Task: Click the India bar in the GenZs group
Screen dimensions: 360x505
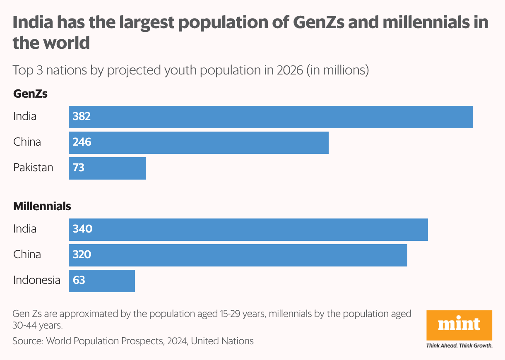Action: [270, 117]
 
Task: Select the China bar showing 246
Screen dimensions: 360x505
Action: [198, 143]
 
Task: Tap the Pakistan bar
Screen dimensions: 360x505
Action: [107, 168]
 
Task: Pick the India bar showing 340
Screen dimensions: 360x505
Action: [248, 230]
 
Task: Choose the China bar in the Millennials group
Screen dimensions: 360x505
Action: [238, 255]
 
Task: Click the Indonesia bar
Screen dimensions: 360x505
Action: [101, 281]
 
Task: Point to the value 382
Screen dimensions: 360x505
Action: [82, 117]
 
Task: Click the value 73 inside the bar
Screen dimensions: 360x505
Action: [79, 168]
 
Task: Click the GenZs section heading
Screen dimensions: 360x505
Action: [30, 94]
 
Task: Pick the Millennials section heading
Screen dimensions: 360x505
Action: [42, 206]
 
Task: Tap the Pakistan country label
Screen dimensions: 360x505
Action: [33, 168]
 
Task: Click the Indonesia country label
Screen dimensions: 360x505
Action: [36, 281]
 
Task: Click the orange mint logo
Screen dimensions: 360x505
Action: [459, 325]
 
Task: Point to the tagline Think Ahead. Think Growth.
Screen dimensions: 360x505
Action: [459, 346]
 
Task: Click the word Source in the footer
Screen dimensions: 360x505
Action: [27, 341]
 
